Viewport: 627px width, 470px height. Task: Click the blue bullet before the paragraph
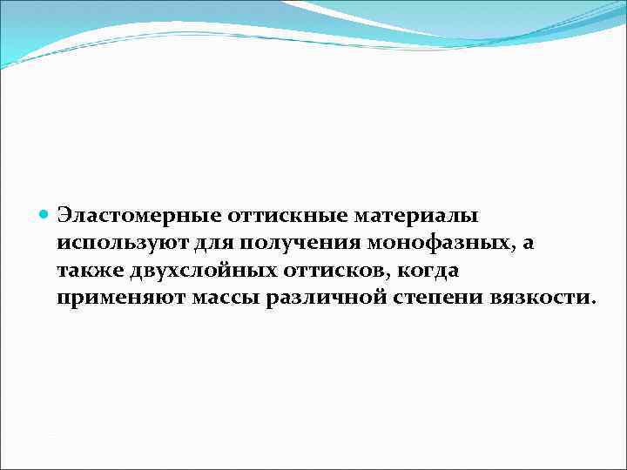pyautogui.click(x=45, y=213)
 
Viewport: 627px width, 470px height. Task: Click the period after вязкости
pyautogui.click(x=594, y=303)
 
